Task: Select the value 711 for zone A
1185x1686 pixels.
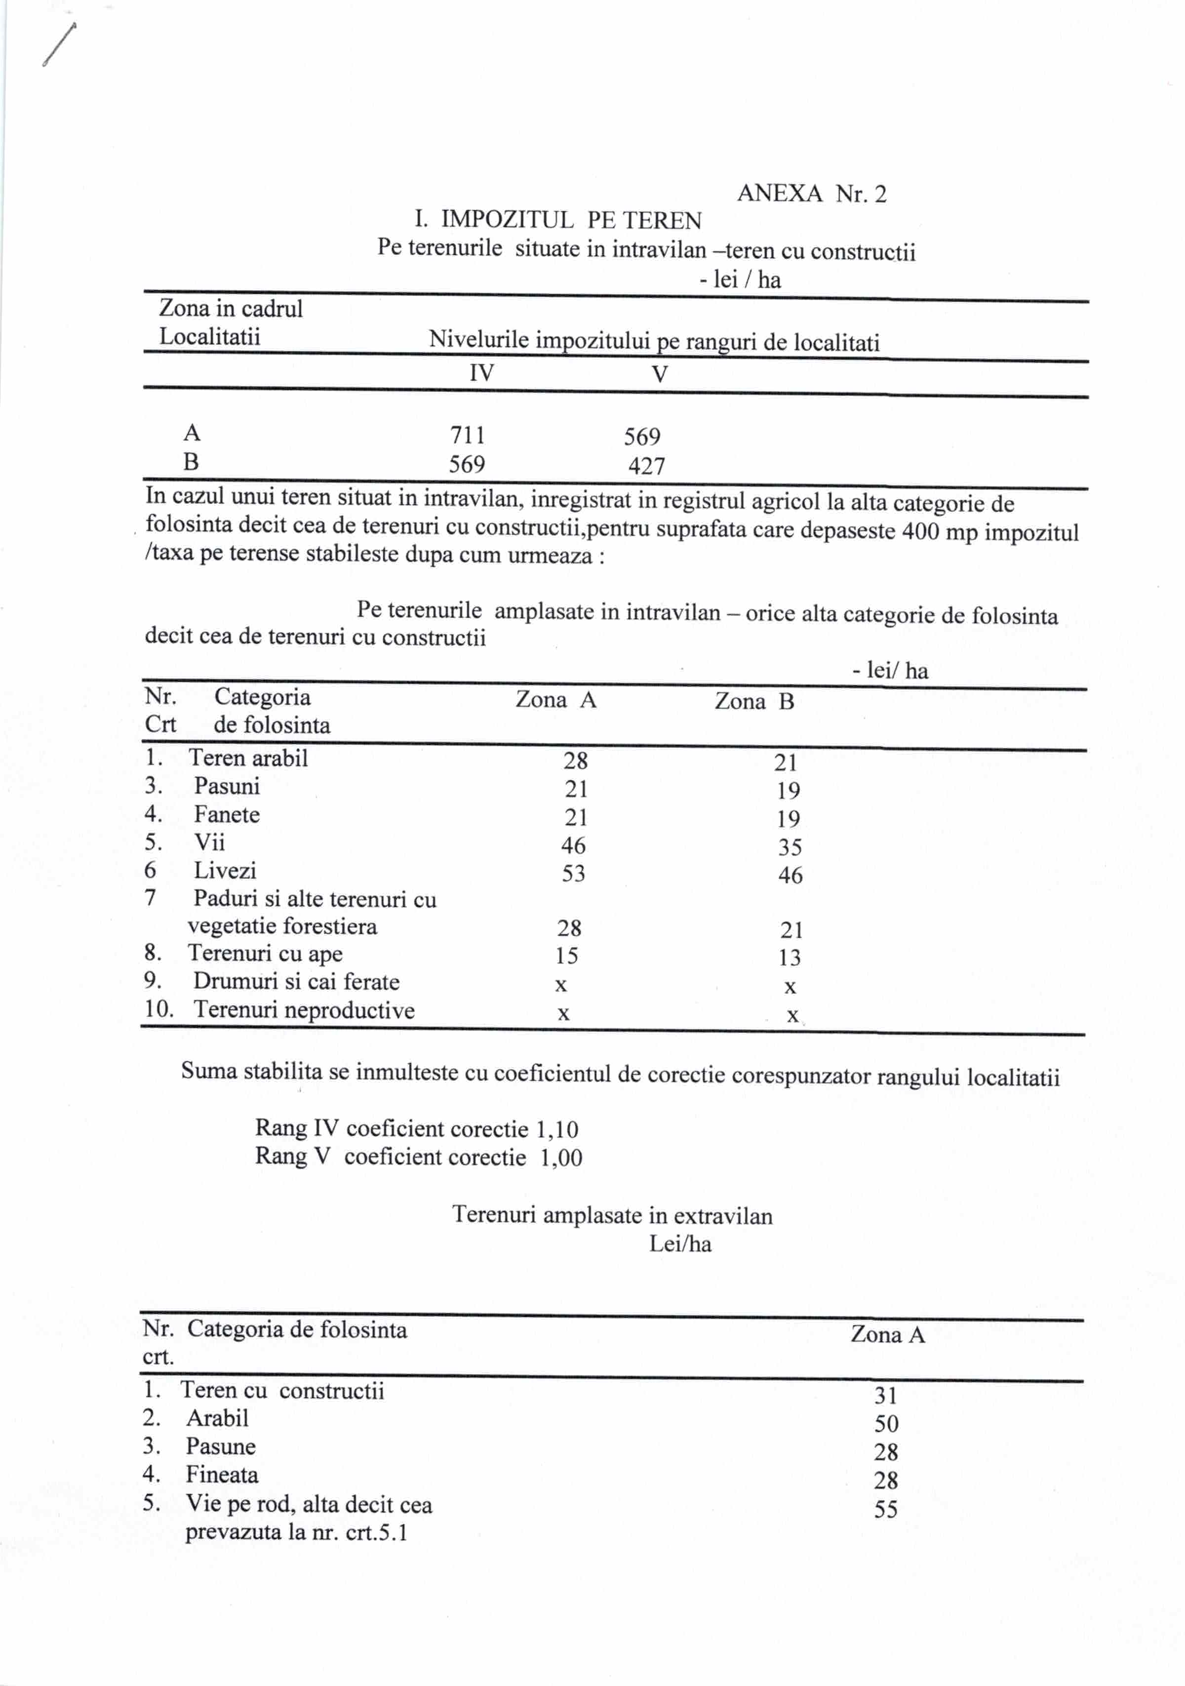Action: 467,436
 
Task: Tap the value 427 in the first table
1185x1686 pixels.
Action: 646,466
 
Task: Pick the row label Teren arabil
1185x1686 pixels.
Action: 248,758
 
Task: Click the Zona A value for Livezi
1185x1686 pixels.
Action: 573,874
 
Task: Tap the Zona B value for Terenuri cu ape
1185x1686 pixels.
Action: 790,958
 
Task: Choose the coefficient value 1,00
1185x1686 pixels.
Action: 561,1158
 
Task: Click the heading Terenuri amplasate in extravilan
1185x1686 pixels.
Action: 612,1215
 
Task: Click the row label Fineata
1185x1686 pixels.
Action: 222,1475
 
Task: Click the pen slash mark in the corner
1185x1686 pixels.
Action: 59,45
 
